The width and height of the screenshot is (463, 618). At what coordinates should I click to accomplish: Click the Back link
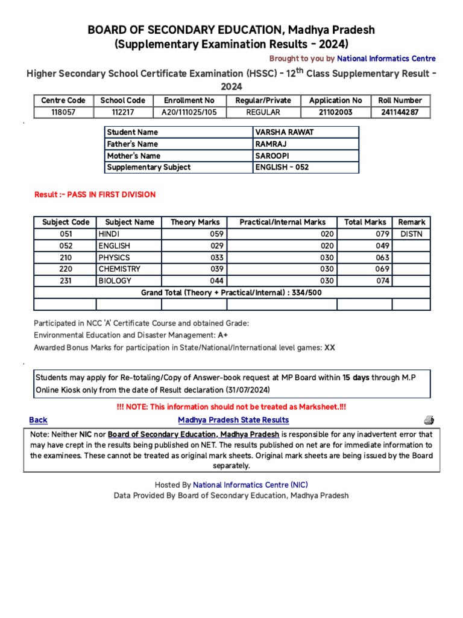click(x=38, y=420)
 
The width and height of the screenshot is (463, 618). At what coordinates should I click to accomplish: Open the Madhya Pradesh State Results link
click(x=233, y=420)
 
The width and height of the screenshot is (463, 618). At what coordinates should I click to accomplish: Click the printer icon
click(x=429, y=420)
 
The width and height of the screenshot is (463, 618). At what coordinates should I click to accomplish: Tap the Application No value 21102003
click(x=335, y=112)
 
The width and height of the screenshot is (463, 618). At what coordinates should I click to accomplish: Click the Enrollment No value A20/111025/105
click(x=189, y=112)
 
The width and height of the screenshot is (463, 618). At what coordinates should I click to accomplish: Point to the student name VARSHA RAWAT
click(x=276, y=132)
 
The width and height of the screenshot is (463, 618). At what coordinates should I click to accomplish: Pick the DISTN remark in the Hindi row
click(x=411, y=234)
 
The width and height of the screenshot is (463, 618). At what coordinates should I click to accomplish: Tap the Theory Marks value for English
click(x=216, y=246)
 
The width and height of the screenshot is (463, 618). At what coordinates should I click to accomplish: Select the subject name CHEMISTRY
click(x=119, y=269)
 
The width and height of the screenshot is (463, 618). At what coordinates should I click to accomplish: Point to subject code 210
click(x=66, y=258)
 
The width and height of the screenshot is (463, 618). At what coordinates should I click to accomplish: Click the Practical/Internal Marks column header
click(x=282, y=222)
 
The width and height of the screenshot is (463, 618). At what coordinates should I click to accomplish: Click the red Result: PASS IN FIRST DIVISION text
click(x=95, y=195)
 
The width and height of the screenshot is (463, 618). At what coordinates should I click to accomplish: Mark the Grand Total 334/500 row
click(x=231, y=293)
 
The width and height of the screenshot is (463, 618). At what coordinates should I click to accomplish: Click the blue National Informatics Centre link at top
click(x=386, y=59)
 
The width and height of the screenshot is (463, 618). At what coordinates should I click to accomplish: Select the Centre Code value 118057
click(x=63, y=112)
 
